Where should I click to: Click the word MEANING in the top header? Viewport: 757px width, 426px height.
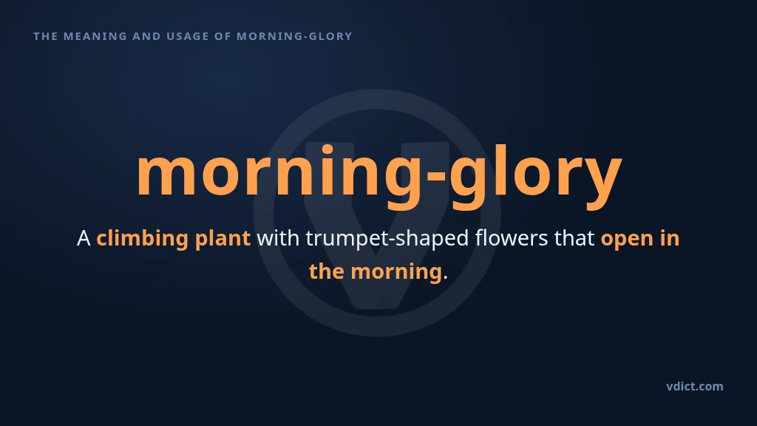click(x=95, y=36)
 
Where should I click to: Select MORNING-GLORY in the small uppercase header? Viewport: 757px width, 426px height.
click(x=294, y=36)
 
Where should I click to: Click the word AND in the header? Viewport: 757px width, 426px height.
click(x=147, y=36)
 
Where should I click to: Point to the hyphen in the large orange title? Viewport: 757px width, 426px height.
click(x=436, y=175)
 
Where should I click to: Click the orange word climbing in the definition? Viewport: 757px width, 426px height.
click(x=143, y=238)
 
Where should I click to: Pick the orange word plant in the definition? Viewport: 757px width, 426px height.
click(x=223, y=238)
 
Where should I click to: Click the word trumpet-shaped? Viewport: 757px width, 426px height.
click(x=387, y=238)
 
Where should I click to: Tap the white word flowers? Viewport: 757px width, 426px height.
click(x=512, y=237)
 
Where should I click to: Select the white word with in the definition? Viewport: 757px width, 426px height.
click(x=278, y=237)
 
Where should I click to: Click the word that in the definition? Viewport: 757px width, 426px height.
click(x=574, y=237)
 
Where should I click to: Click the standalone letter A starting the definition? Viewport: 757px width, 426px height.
click(x=84, y=238)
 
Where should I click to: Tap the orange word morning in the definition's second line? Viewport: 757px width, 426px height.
click(x=396, y=271)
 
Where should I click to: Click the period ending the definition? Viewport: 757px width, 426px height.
click(x=445, y=277)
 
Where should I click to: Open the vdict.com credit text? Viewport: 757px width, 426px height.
click(x=695, y=386)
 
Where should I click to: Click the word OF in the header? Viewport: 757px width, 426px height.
click(x=223, y=36)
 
